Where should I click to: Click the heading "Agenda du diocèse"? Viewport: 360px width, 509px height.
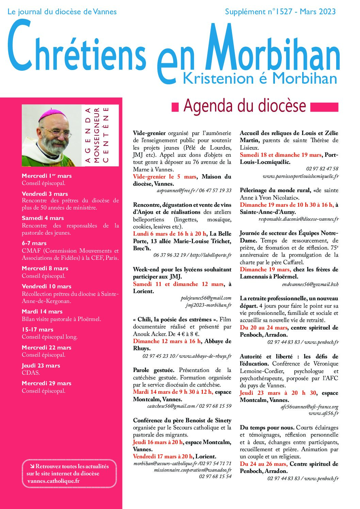coord(245,106)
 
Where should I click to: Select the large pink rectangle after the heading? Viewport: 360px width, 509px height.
coord(324,107)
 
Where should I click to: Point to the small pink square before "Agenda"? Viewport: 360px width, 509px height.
coord(175,107)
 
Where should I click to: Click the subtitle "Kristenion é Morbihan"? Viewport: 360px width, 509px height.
coord(260,79)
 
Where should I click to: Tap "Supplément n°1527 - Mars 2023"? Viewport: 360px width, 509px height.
coord(280,12)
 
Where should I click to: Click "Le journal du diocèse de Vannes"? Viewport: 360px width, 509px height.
coord(62,12)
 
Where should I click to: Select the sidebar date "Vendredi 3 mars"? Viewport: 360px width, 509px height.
coord(45,194)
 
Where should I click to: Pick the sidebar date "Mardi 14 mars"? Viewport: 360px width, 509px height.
coord(42,311)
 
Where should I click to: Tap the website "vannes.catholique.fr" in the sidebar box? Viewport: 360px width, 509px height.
coord(53,481)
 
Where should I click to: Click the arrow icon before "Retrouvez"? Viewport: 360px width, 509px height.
coord(32,466)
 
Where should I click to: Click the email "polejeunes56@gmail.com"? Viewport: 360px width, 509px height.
coord(206,298)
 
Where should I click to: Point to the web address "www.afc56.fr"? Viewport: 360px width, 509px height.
coord(324,413)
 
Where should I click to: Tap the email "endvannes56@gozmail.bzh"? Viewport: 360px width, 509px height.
coord(310,284)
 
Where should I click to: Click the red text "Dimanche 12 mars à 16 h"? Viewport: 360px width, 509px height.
coord(167,341)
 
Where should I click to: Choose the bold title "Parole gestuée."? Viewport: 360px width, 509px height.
coord(153,370)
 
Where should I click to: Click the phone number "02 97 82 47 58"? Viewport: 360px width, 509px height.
coord(322,169)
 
